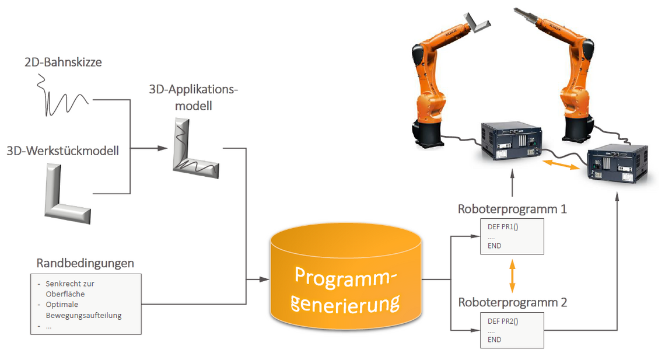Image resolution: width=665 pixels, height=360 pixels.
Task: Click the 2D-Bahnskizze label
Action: [63, 61]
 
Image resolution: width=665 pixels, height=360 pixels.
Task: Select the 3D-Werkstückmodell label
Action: [63, 151]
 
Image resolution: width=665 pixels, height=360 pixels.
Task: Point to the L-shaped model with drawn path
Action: [195, 148]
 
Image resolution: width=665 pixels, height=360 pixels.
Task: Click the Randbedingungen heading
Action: [85, 263]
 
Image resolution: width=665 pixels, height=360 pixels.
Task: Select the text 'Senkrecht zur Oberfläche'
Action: [69, 288]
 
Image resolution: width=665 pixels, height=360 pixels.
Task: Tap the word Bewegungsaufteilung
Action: [87, 315]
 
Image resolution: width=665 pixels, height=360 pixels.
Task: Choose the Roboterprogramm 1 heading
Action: [512, 208]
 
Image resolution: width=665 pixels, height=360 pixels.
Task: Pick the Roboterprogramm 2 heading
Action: [512, 302]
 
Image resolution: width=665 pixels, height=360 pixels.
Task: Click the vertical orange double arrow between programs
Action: [512, 276]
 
